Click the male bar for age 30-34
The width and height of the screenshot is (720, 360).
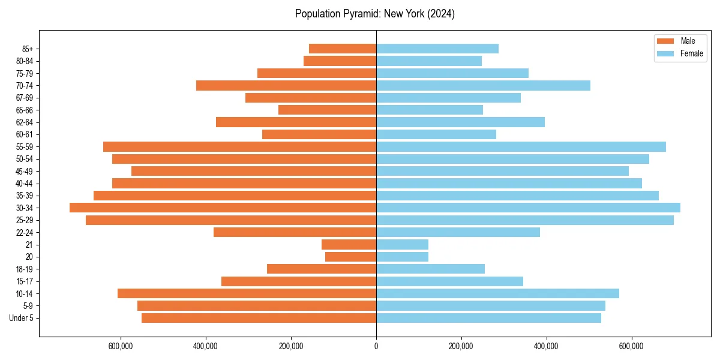tap(223, 208)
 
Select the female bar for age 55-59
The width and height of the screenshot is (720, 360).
tap(521, 146)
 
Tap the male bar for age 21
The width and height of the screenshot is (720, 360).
tap(349, 244)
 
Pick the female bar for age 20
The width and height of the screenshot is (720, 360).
tap(402, 257)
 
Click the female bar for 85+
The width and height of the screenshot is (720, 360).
tap(437, 49)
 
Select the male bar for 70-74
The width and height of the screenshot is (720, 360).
tap(286, 85)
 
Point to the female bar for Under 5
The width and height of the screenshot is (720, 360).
tap(488, 318)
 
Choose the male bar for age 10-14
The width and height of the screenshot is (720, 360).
tap(247, 293)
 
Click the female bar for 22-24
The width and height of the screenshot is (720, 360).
tap(458, 232)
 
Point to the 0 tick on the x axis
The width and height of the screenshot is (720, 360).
tap(376, 346)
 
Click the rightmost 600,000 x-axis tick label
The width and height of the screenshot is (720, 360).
tap(631, 346)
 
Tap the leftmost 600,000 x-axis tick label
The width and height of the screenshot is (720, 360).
tap(121, 346)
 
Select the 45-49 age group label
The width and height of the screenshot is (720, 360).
tap(24, 171)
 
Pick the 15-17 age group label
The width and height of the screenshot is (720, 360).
tap(24, 281)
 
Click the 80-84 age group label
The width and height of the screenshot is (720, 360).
tap(24, 61)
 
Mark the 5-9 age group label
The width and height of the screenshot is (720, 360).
tap(28, 306)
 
